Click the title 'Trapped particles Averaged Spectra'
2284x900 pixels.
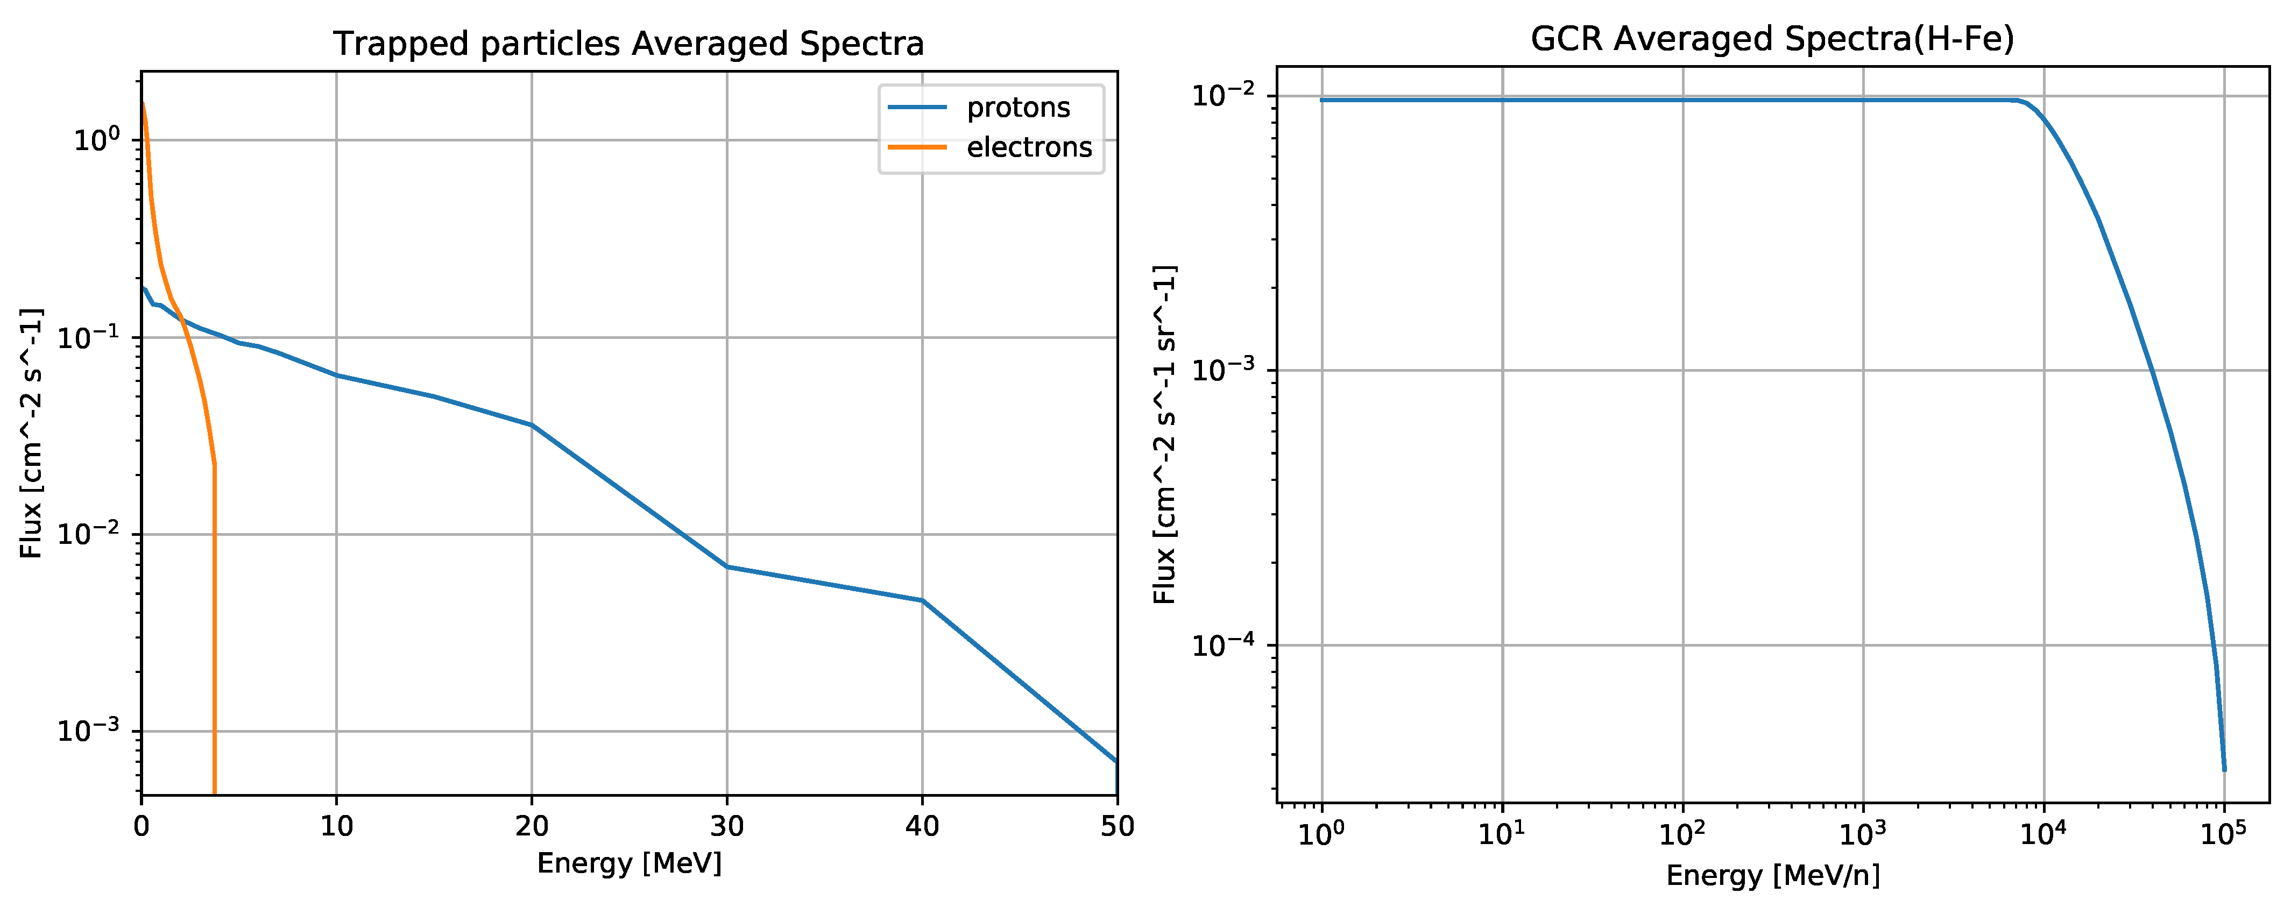[628, 44]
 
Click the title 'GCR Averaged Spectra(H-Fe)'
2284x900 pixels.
[1772, 39]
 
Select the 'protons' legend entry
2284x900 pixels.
[1018, 107]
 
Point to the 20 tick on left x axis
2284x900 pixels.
[532, 826]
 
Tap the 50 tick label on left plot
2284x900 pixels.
[1116, 826]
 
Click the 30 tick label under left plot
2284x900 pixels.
[727, 826]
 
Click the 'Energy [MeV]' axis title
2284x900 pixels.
[628, 863]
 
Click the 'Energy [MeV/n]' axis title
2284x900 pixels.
[1772, 875]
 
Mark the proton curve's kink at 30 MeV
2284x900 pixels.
[727, 566]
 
